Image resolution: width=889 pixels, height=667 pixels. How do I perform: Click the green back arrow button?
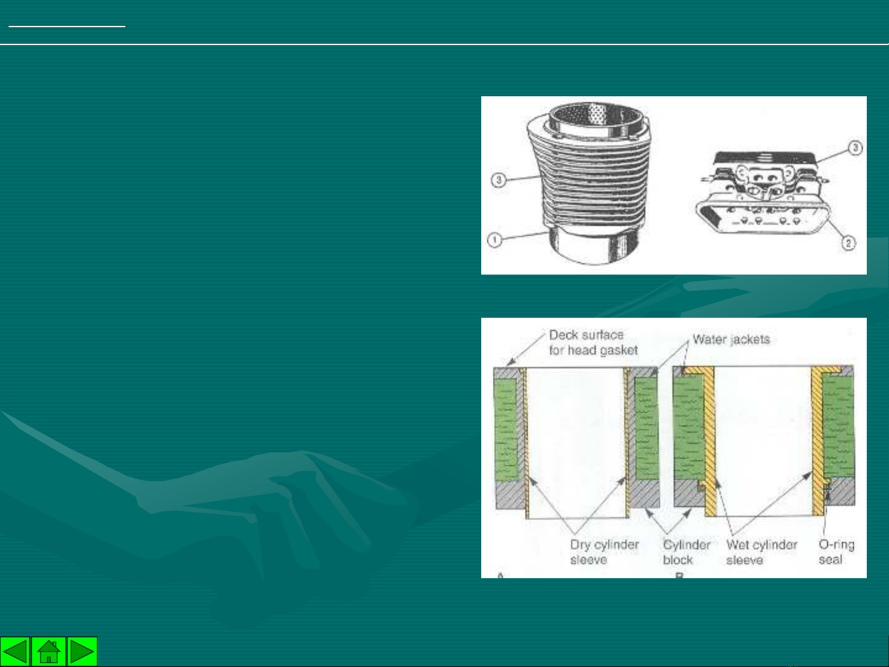click(x=15, y=651)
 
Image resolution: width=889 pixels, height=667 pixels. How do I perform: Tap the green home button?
click(x=49, y=651)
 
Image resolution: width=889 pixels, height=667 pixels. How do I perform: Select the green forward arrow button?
click(x=82, y=651)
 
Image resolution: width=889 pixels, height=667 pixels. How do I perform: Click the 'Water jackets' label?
click(x=731, y=339)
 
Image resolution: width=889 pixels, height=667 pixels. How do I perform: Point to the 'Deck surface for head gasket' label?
click(x=593, y=342)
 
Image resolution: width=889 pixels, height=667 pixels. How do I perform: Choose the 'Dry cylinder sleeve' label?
click(x=604, y=552)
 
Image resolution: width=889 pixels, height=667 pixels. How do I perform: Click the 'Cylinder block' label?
click(x=687, y=552)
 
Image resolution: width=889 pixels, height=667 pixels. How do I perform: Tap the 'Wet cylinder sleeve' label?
click(x=761, y=552)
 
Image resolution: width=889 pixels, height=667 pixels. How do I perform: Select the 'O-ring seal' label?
click(x=837, y=552)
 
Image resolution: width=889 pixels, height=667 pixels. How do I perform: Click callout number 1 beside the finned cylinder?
click(x=494, y=240)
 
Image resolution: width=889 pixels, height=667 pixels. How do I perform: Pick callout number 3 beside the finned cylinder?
click(x=498, y=180)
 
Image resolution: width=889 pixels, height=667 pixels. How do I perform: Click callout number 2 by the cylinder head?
click(x=848, y=243)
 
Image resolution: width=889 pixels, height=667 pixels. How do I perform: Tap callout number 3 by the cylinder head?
click(x=855, y=148)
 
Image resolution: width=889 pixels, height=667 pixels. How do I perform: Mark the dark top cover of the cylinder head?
click(x=764, y=157)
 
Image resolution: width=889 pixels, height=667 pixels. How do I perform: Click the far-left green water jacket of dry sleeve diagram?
click(x=506, y=429)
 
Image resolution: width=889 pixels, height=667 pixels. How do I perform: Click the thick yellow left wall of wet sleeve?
click(x=708, y=441)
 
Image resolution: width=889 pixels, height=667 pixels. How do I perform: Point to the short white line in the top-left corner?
click(x=67, y=27)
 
